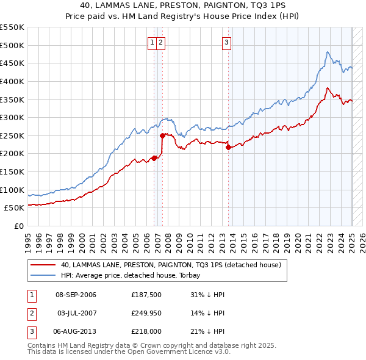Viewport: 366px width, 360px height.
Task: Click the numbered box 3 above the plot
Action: click(226, 43)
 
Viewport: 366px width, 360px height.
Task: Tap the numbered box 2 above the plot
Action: click(160, 43)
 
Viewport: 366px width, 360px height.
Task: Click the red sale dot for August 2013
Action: click(228, 147)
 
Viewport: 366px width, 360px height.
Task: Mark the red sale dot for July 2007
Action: click(162, 135)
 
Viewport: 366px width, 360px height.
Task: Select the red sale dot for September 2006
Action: click(154, 158)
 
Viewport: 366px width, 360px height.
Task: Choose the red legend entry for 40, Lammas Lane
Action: click(170, 265)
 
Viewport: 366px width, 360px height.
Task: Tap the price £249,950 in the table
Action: click(146, 313)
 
